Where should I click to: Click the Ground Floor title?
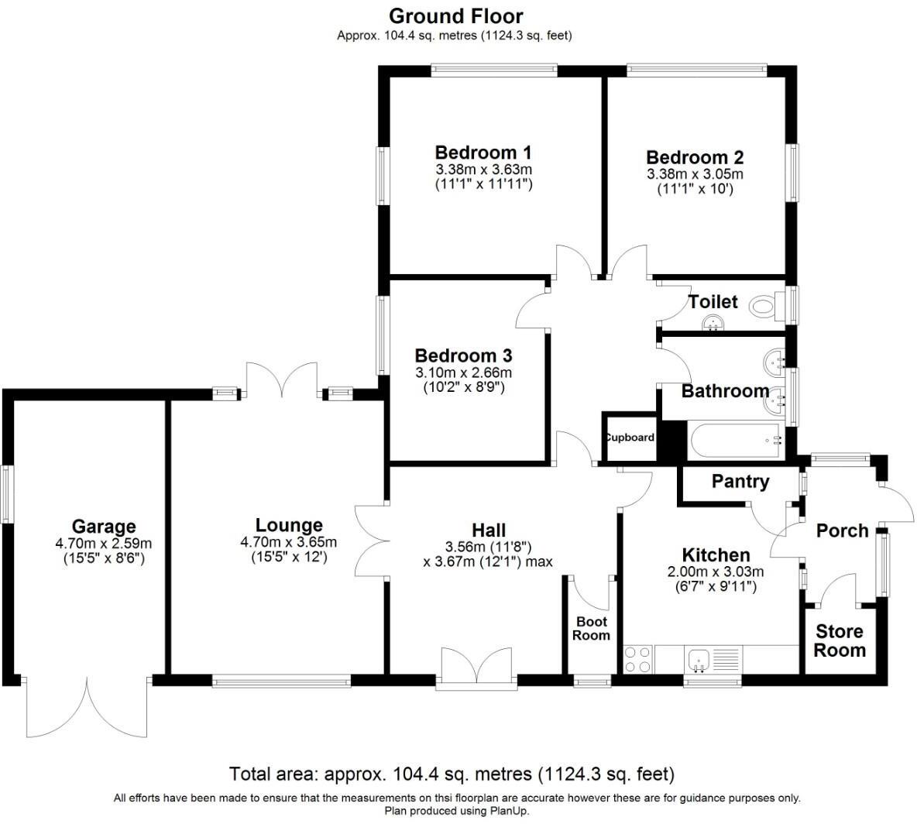tap(455, 15)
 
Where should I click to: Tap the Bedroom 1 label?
tap(483, 152)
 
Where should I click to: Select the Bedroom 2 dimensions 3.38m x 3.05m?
tap(695, 174)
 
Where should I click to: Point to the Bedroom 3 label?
tap(463, 355)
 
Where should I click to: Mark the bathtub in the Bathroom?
tap(735, 441)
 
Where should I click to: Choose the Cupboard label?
tap(630, 438)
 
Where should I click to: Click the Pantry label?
tap(740, 482)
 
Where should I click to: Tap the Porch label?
tap(842, 530)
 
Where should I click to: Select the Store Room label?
tap(840, 641)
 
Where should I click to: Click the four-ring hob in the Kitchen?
tap(637, 659)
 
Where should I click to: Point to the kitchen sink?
tap(699, 660)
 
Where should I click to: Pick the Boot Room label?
tap(591, 629)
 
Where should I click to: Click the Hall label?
tap(489, 530)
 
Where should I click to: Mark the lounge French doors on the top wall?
tap(281, 379)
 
